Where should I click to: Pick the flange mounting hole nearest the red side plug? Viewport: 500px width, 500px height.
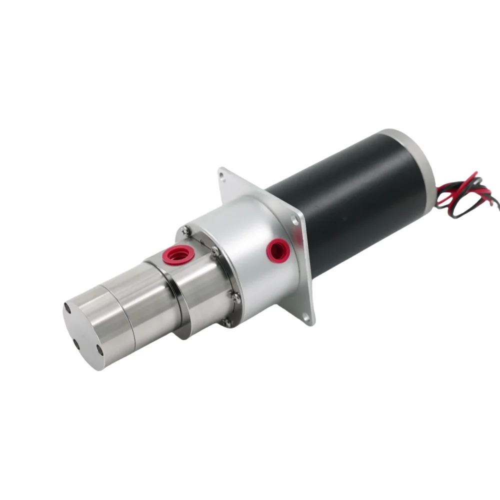click(x=295, y=220)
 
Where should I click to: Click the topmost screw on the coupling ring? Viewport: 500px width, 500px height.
click(x=186, y=230)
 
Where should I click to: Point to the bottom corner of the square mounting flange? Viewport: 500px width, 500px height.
click(x=310, y=322)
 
